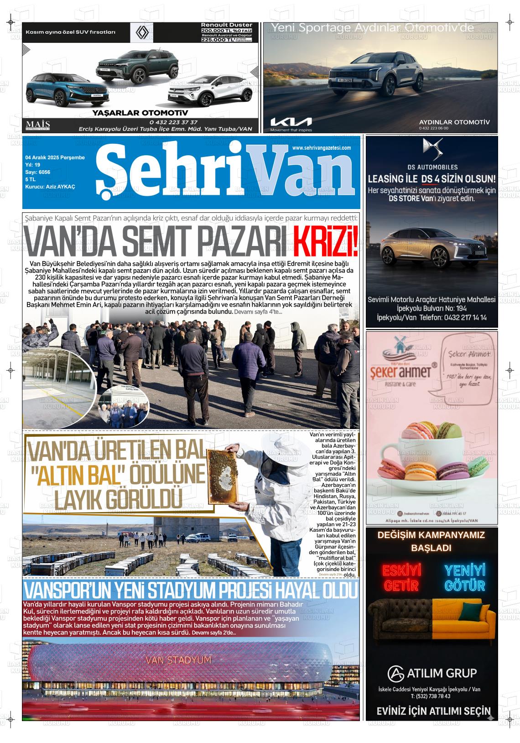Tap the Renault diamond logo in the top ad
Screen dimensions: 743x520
pos(144,33)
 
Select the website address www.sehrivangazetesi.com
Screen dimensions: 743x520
pos(321,148)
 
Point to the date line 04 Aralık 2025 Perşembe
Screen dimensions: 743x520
pos(55,157)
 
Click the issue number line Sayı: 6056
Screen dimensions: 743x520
pos(38,172)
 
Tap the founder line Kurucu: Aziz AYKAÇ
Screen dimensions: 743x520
pos(50,187)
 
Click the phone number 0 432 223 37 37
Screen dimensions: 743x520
pos(173,122)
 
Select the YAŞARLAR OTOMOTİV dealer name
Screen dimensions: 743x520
pos(140,113)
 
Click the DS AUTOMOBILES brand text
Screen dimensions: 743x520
pos(432,167)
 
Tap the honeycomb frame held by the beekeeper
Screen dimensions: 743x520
pos(223,475)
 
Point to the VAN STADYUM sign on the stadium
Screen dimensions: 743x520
pos(178,660)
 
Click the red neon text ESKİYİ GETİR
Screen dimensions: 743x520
pos(401,578)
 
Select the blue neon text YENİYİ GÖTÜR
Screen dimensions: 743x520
pos(464,578)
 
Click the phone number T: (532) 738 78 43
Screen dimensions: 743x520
pos(431,696)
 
